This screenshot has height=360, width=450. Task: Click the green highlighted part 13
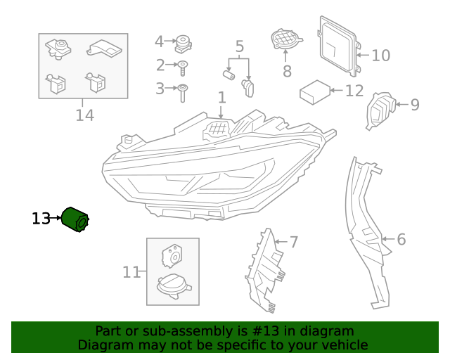tap(75, 219)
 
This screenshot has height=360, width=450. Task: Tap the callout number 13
tap(41, 219)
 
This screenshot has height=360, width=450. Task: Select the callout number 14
tap(84, 115)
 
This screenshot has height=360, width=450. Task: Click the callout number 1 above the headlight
tap(221, 97)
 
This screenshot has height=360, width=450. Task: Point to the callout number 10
tap(380, 55)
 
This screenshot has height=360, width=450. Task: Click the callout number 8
tap(287, 71)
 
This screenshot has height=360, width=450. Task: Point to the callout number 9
tap(415, 105)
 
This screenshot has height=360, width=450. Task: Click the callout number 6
tap(401, 239)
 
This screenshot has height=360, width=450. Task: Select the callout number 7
tap(294, 242)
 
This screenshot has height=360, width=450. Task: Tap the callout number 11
tap(131, 271)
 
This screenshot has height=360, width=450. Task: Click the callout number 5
tap(239, 47)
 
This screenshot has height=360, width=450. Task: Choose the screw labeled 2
tap(183, 67)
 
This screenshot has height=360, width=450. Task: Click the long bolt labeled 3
tap(183, 91)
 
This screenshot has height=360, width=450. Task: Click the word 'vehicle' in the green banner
tap(342, 345)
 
